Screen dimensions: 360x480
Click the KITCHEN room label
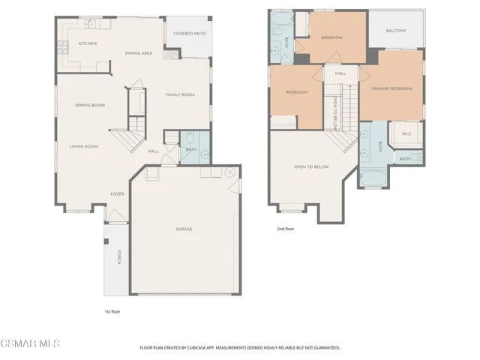pyautogui.click(x=88, y=43)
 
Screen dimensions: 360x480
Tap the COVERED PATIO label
pyautogui.click(x=189, y=34)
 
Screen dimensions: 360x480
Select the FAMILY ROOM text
pyautogui.click(x=180, y=94)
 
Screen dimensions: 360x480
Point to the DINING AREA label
pyautogui.click(x=139, y=53)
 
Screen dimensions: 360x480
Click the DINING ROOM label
pyautogui.click(x=89, y=105)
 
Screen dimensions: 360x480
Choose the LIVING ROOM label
pyautogui.click(x=84, y=146)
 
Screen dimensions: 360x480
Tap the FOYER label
pyautogui.click(x=118, y=193)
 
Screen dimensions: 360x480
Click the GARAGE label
pyautogui.click(x=184, y=229)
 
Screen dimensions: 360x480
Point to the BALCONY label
pyautogui.click(x=396, y=31)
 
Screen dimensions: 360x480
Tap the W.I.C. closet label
pyautogui.click(x=406, y=134)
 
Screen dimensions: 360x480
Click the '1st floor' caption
pyautogui.click(x=112, y=310)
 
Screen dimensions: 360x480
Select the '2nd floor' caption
pyautogui.click(x=285, y=229)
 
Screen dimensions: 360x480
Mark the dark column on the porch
pyautogui.click(x=107, y=241)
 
